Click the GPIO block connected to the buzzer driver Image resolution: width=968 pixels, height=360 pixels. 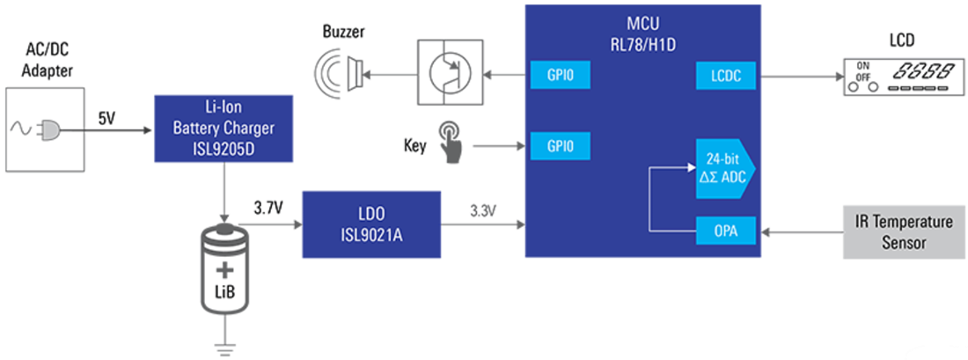click(558, 77)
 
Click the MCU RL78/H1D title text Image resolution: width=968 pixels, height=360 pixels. click(642, 32)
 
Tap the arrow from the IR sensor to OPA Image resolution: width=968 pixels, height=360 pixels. click(801, 233)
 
